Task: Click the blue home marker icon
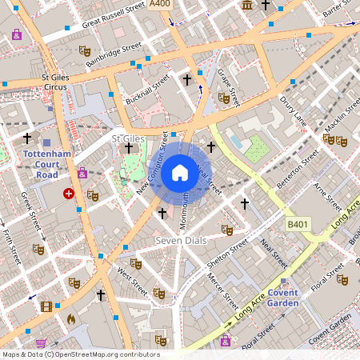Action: (180, 172)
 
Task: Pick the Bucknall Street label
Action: (149, 90)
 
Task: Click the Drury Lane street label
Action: (294, 111)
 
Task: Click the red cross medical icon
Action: (69, 194)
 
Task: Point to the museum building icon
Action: (247, 6)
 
